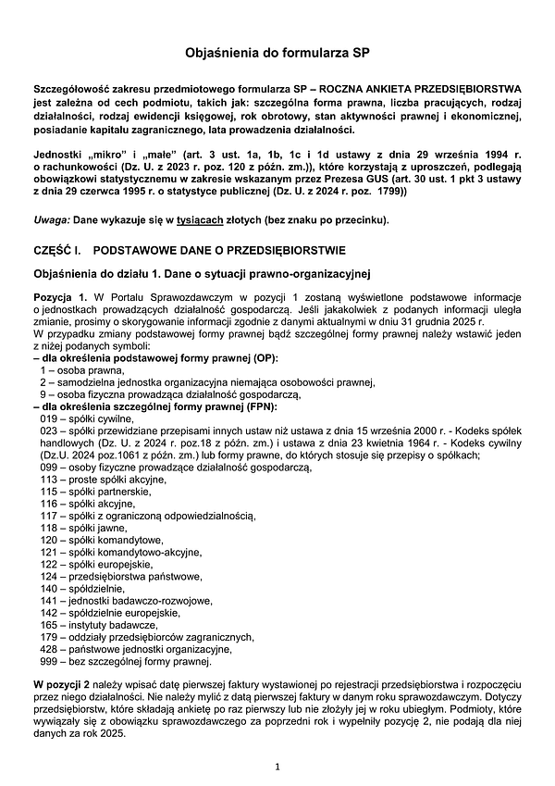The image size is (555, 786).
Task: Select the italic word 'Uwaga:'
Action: (x=49, y=219)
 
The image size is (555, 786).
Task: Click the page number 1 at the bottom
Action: (x=277, y=767)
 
